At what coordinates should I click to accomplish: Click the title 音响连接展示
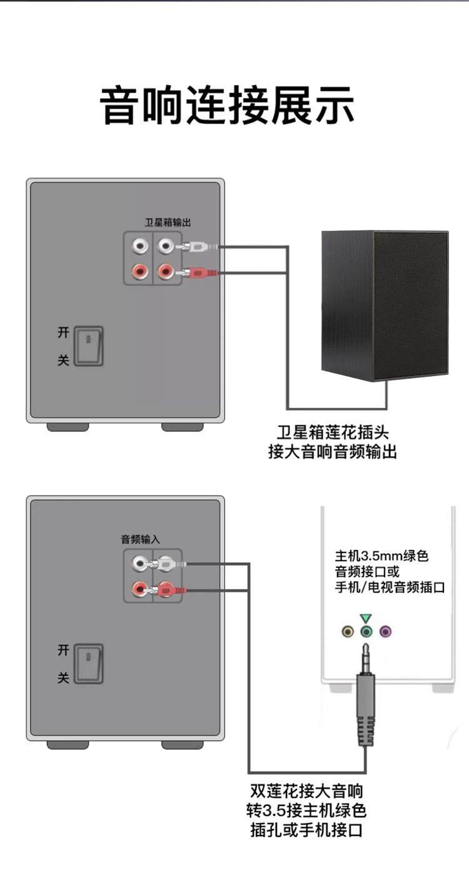click(228, 107)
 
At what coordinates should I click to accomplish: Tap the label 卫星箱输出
click(168, 222)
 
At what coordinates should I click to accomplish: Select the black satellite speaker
click(385, 305)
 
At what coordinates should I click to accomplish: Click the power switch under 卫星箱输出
click(88, 346)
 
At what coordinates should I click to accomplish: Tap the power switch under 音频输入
click(88, 663)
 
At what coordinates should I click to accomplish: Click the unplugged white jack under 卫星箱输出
click(138, 247)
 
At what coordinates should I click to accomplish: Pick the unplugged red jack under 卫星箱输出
click(138, 271)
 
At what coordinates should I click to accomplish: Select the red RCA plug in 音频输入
click(166, 589)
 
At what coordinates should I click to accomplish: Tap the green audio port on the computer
click(367, 632)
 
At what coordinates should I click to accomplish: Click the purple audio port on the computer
click(386, 632)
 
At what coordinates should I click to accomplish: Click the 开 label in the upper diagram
click(63, 332)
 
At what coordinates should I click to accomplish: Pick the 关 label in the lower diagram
click(63, 677)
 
